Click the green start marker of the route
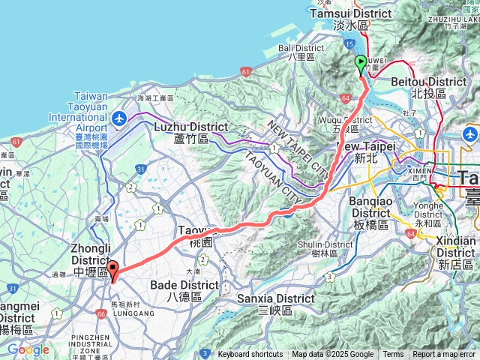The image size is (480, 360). pyautogui.click(x=361, y=64)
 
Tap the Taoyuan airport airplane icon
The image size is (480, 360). pyautogui.click(x=119, y=118)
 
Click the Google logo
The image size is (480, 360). pyautogui.click(x=28, y=349)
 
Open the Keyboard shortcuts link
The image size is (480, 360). pyautogui.click(x=250, y=355)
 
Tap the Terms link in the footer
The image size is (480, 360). pyautogui.click(x=393, y=355)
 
